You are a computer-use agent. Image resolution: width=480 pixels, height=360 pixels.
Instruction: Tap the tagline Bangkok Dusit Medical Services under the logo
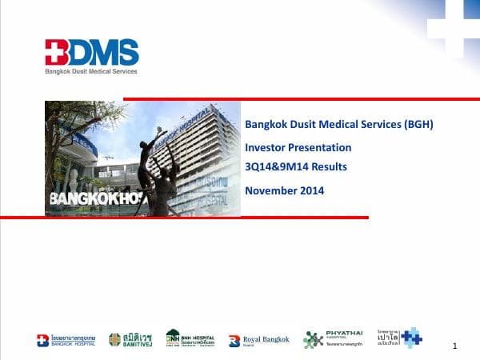tap(90, 71)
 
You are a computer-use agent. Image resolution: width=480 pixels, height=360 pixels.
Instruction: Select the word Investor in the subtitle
tap(265, 147)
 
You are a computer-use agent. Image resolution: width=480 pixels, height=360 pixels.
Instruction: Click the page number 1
tap(454, 346)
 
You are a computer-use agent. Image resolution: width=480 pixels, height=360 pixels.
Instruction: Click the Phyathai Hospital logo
tap(326, 339)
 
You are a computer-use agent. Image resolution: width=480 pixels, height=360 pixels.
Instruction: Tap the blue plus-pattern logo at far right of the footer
tap(410, 338)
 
